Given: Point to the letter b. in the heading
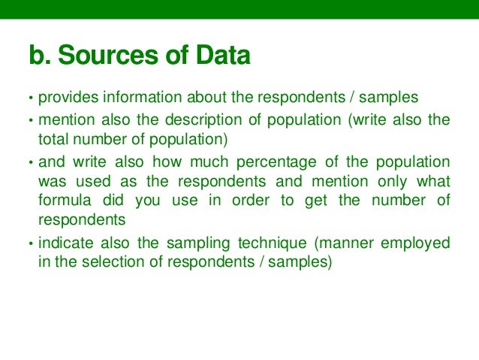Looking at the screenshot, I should [x=40, y=56].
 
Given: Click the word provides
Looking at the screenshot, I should [x=67, y=98].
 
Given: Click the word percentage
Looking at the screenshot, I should [x=288, y=162].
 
